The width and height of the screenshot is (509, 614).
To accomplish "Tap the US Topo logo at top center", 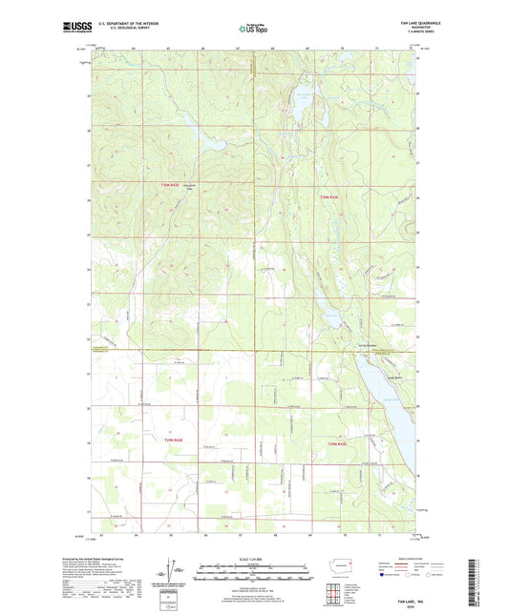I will click(253, 30).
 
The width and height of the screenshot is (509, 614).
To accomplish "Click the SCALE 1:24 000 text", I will click(254, 559).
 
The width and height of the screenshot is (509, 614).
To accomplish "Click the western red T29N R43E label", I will click(181, 440).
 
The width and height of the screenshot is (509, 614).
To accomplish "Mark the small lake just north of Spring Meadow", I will click(336, 317).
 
